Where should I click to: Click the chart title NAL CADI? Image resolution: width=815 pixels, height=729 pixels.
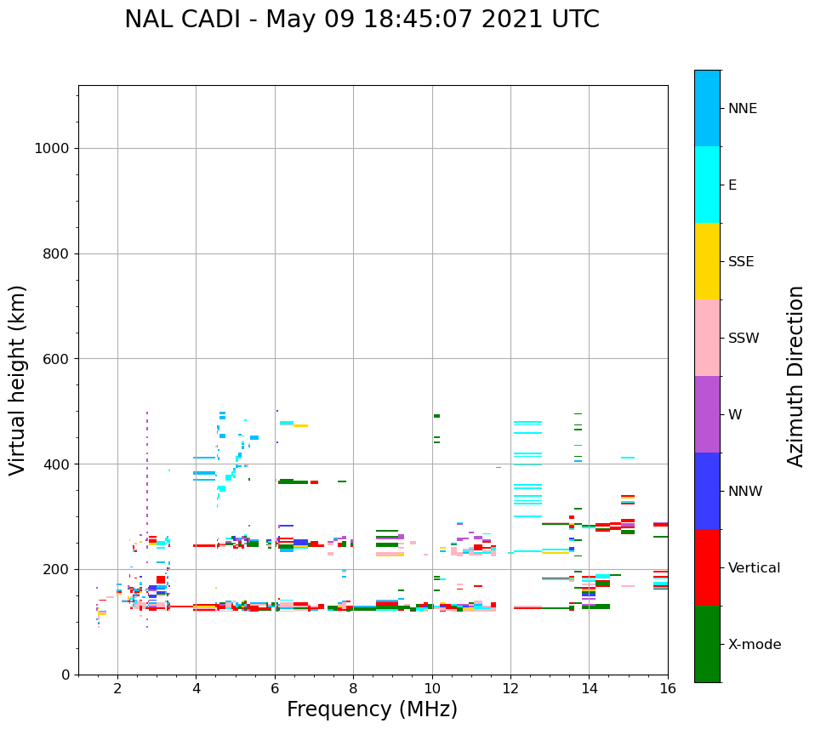coord(362,20)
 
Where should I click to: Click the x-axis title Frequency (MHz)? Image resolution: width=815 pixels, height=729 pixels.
coord(372,709)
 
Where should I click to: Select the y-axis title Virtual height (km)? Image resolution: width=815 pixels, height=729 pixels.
coord(18,379)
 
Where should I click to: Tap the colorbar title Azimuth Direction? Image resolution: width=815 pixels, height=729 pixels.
coord(795,376)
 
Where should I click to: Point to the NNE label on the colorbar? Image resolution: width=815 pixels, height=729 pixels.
coord(742,109)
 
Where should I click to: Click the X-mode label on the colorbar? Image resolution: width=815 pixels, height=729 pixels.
coord(754,645)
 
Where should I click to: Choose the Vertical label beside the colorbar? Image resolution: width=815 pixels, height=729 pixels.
coord(754,568)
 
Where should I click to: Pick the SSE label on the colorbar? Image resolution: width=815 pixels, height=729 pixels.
coord(741,262)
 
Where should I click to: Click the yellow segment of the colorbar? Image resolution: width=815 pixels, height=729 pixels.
coord(707,261)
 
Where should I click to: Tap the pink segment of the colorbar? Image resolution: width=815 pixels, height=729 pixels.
coord(707,338)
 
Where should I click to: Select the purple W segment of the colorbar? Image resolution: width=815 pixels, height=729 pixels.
coord(707,414)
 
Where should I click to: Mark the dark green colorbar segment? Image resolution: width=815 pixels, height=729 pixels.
coord(707,644)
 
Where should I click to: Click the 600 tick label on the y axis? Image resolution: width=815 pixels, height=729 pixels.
coord(55,359)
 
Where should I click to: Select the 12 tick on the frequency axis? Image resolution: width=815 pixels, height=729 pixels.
coord(510,687)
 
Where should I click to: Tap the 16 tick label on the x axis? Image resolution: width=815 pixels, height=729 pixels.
coord(668,687)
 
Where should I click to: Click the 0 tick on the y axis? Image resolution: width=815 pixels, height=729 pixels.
coord(65,675)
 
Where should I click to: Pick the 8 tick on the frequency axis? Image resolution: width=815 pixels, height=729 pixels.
coord(353,687)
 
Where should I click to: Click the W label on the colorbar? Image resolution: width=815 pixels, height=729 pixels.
coord(735,415)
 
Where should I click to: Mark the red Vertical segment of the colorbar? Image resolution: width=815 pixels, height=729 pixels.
coord(707,567)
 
